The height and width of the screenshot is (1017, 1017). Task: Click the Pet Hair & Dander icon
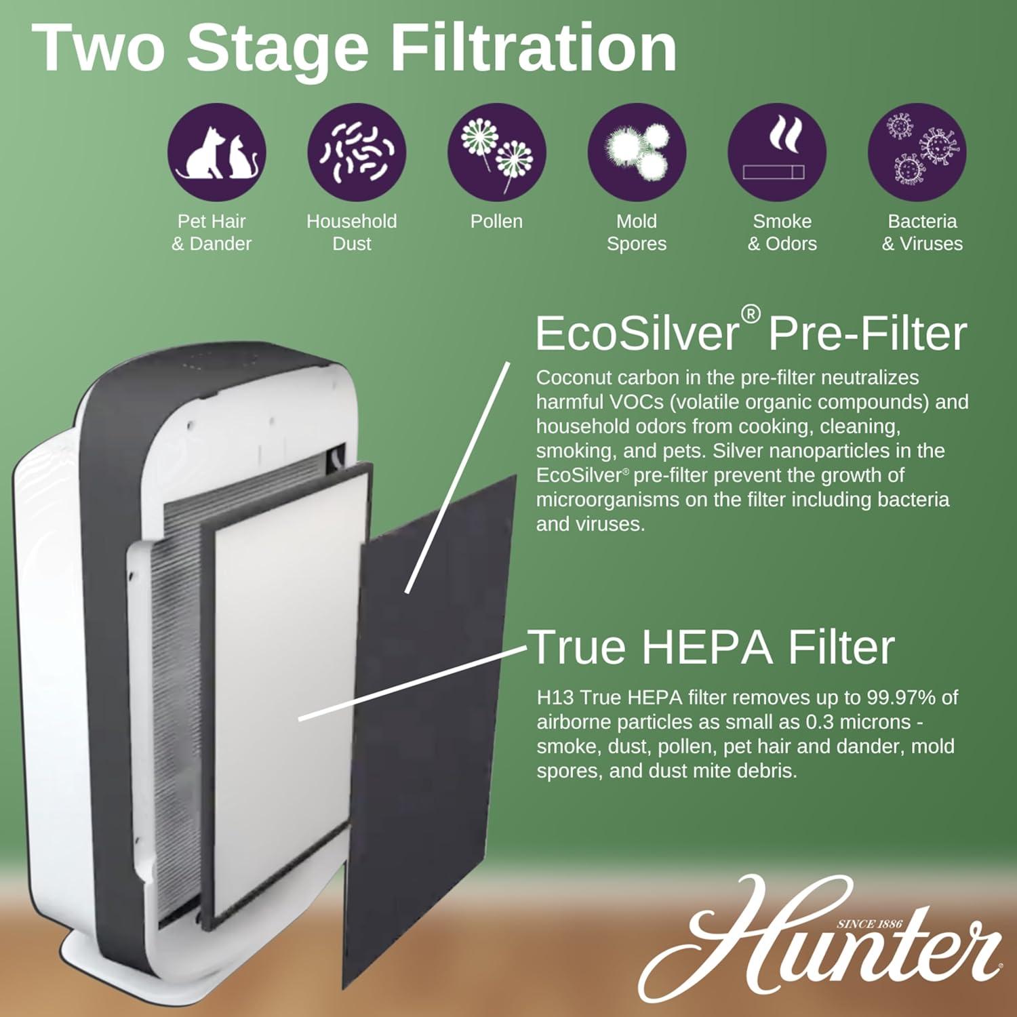tap(216, 153)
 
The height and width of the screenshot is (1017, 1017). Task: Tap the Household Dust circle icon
tap(357, 153)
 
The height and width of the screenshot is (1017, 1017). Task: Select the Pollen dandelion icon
tap(496, 153)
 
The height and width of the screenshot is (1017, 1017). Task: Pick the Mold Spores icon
tap(637, 153)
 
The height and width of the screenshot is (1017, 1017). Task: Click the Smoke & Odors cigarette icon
tap(777, 153)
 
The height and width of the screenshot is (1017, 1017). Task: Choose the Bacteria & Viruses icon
tap(917, 153)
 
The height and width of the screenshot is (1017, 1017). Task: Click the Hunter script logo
tap(820, 942)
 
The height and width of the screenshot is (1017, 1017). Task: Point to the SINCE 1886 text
tap(869, 923)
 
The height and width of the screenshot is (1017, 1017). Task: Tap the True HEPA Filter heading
tap(712, 647)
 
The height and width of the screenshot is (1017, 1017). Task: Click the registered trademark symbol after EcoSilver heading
tap(751, 314)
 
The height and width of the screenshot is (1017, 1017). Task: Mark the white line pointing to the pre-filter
tap(458, 478)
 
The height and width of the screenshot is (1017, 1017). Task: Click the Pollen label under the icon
tap(496, 222)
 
